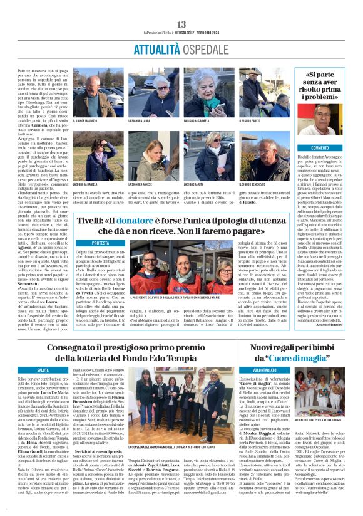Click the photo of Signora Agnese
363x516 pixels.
click(153, 156)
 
